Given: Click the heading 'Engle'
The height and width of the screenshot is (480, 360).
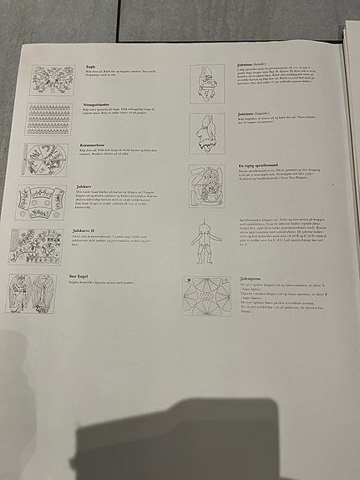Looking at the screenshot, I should click(90, 66).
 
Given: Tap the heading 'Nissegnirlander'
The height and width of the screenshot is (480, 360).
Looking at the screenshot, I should click(99, 104).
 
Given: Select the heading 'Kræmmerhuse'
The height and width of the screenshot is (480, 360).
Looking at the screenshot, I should click(94, 144).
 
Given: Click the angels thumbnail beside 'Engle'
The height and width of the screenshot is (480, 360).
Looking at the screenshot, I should click(53, 80).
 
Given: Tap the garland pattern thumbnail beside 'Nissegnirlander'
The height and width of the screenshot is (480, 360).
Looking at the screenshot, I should click(49, 119).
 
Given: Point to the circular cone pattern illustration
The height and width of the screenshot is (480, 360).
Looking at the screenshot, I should click(46, 159).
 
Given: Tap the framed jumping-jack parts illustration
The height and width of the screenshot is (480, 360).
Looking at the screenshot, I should click(206, 186).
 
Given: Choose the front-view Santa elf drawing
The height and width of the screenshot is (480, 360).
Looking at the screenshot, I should click(206, 84).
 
